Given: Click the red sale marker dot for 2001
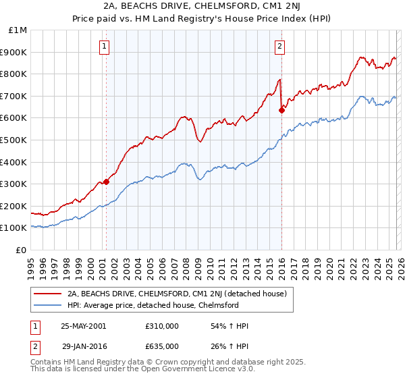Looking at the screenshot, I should click(106, 182).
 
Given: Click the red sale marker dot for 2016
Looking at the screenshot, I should click(281, 111).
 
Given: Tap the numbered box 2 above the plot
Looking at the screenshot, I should click(279, 47).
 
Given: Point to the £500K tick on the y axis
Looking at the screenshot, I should click(14, 140).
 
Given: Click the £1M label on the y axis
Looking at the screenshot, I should click(18, 30).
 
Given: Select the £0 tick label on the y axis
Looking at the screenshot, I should click(22, 250).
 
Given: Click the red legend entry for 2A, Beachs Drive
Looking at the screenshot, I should click(177, 294).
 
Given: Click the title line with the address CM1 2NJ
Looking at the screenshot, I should click(202, 8).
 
